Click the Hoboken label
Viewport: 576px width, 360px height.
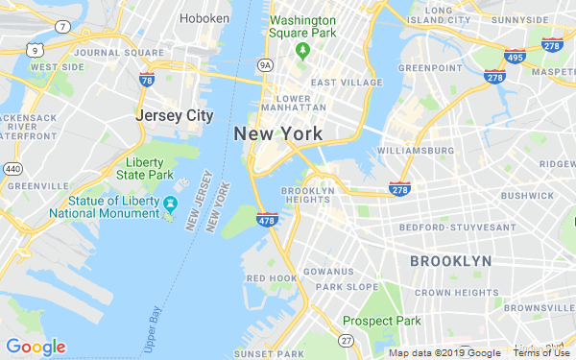tap(204, 18)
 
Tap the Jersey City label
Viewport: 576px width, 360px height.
tap(174, 115)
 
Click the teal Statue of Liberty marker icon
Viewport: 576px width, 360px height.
tap(170, 203)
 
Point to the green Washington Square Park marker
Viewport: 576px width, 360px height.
tap(303, 50)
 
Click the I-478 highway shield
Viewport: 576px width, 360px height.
tap(268, 221)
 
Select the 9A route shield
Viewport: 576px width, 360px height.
tap(266, 65)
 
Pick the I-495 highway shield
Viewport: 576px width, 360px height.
tap(516, 58)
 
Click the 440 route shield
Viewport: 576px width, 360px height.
tap(12, 169)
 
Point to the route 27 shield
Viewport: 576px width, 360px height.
tap(345, 341)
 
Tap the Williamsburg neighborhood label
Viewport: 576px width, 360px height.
tap(416, 151)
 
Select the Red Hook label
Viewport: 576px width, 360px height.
tap(271, 278)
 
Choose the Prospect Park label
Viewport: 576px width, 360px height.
tap(382, 321)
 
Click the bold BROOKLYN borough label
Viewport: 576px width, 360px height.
tap(450, 261)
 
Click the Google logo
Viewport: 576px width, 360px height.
tap(36, 347)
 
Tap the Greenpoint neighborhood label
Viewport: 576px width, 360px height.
tap(430, 68)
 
